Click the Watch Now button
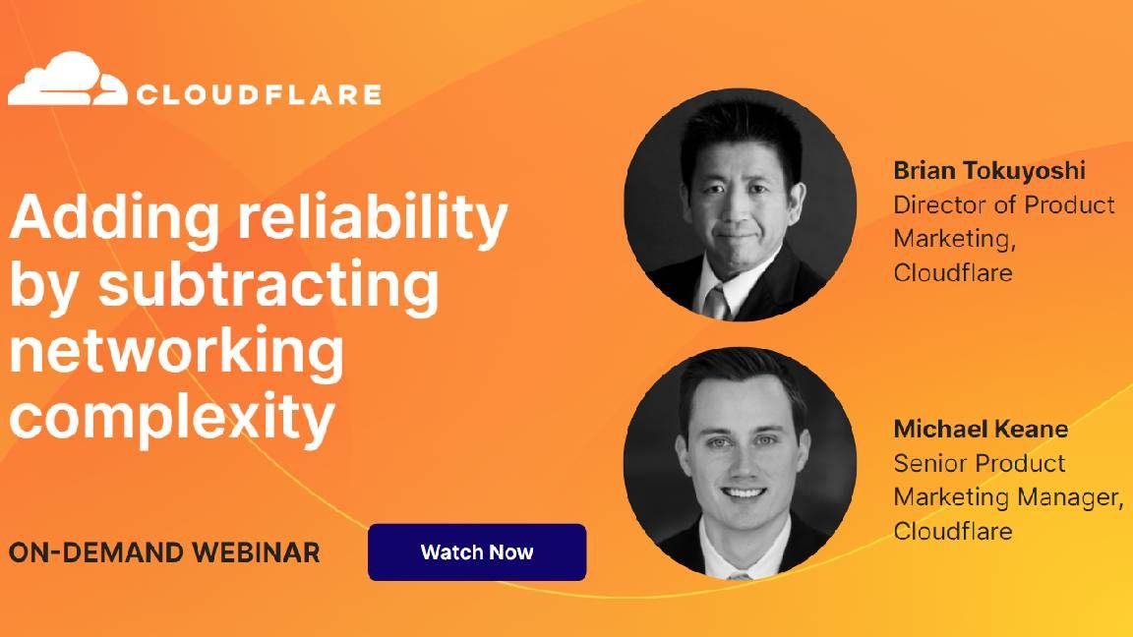tap(477, 552)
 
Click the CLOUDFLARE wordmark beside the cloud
tap(259, 95)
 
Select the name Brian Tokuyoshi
tap(988, 170)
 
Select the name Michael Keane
tap(981, 429)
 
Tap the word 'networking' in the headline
tap(177, 352)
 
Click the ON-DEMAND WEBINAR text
tap(164, 552)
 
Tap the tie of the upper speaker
tap(716, 300)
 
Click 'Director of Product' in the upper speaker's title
tap(1003, 204)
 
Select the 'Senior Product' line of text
tap(979, 463)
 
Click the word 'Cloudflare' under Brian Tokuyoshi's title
tap(952, 272)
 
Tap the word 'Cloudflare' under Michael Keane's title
tap(952, 531)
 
